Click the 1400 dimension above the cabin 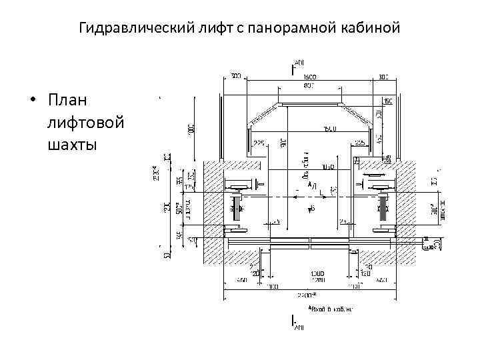pyautogui.click(x=309, y=77)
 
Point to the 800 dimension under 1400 pyautogui.click(x=309, y=85)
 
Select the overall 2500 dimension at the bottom pyautogui.click(x=307, y=293)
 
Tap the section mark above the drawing pyautogui.click(x=294, y=66)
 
